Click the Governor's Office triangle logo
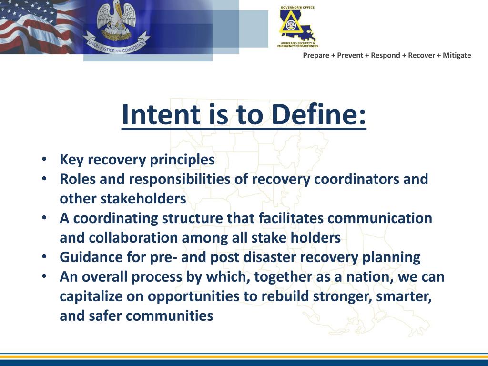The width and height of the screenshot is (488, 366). tap(297, 26)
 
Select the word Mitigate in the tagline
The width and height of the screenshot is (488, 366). tap(457, 55)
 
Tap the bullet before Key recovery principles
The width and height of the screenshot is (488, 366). tap(44, 159)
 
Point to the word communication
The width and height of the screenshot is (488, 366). tap(380, 218)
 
